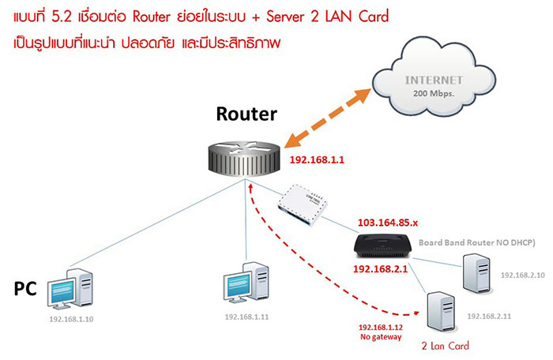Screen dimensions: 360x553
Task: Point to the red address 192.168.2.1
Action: pos(380,269)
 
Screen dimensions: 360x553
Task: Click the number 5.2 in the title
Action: pos(77,17)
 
